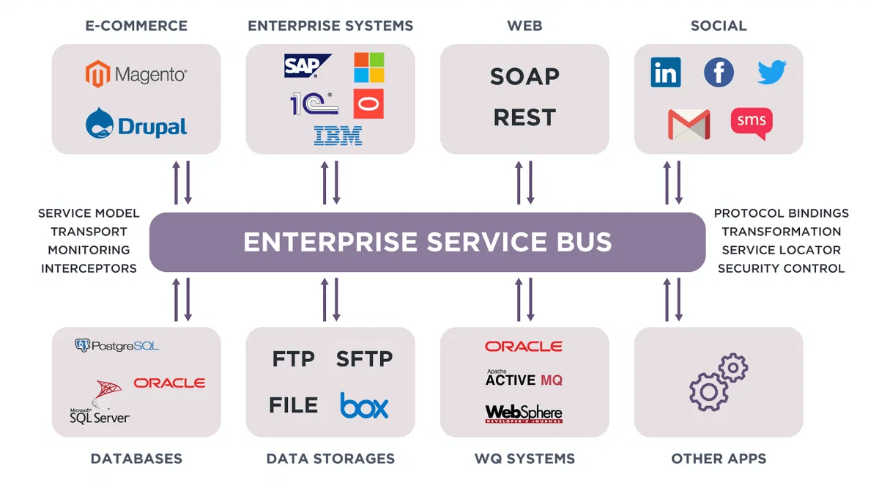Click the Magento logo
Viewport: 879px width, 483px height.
136,75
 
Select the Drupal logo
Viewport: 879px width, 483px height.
136,124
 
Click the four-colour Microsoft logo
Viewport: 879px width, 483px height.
368,67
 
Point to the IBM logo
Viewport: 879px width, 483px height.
338,136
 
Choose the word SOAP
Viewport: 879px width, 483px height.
524,76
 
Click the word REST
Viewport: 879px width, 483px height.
524,117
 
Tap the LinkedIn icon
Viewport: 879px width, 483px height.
665,73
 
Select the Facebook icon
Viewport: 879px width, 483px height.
719,73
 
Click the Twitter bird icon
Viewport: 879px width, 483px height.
771,73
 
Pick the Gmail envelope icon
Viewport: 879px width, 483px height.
689,124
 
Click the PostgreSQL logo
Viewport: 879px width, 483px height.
117,345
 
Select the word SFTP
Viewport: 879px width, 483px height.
364,359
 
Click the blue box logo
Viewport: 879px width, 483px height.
364,405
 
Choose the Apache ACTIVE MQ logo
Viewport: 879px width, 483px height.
524,378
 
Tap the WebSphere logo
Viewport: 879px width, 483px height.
524,413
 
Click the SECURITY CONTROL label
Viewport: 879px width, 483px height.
781,268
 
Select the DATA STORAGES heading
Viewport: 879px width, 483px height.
330,459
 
